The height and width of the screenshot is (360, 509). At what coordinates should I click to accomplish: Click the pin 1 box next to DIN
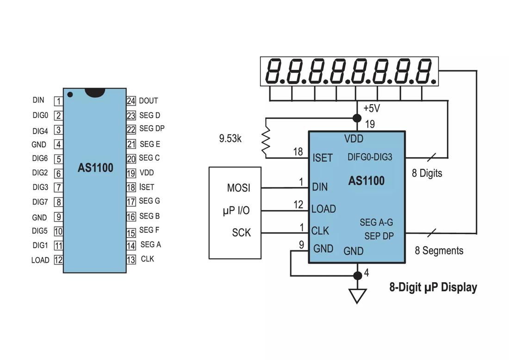coord(59,101)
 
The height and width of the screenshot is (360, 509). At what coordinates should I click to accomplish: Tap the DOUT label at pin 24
coord(149,100)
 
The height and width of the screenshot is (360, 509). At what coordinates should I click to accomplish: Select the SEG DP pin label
coord(152,129)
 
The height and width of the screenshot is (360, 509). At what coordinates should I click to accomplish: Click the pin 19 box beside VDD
coord(131,173)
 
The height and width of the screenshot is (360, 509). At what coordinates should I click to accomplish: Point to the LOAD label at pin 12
coord(40,260)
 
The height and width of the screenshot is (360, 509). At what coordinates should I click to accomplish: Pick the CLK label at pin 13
coord(148,259)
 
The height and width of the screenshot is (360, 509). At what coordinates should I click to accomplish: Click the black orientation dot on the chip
coord(70,94)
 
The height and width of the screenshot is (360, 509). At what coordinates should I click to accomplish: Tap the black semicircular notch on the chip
coord(95,93)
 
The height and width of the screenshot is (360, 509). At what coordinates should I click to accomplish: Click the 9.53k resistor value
coord(230,138)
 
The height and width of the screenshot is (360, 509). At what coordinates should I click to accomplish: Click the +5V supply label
coord(372,108)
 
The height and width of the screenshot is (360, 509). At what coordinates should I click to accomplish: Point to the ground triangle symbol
coord(357,295)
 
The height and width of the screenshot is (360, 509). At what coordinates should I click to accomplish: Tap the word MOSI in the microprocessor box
coord(239,188)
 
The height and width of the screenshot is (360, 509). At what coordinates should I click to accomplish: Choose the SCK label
coord(241,233)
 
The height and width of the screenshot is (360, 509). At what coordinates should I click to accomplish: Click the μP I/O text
coord(236,211)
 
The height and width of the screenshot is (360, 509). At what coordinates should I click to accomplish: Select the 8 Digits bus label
coord(427,174)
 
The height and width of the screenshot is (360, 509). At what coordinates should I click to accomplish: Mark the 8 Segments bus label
coord(439,251)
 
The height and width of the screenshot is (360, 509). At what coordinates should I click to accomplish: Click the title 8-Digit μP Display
coord(433,287)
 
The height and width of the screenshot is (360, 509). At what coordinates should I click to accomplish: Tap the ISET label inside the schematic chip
coord(323,158)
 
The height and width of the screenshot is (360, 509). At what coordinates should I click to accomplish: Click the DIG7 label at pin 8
coord(40,202)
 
